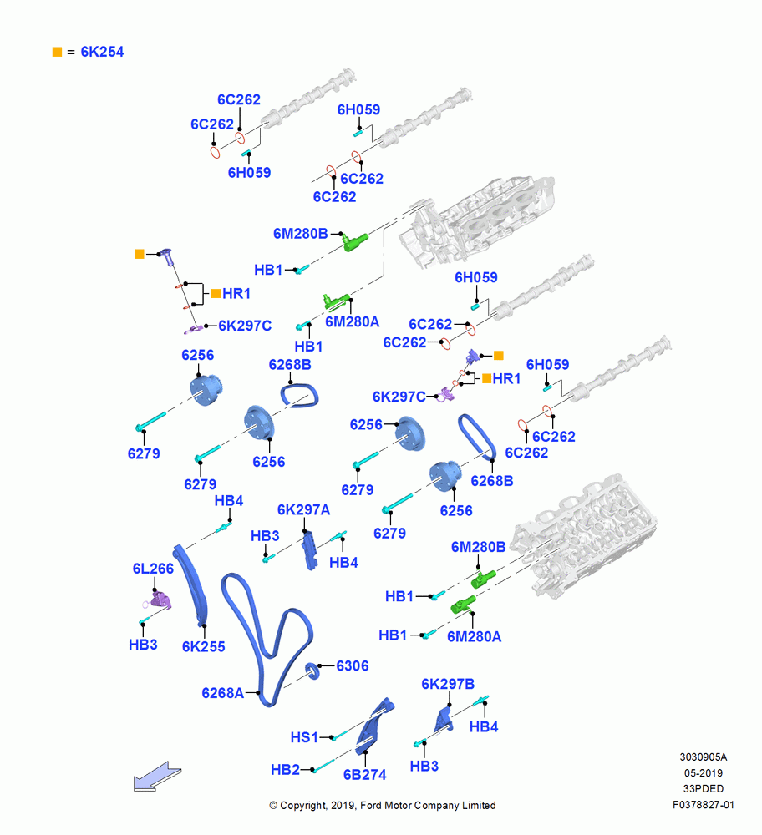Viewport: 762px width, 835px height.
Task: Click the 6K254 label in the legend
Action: [x=102, y=52]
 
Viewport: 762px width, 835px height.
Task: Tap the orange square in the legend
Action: [x=57, y=52]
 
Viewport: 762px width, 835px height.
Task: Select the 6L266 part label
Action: [x=153, y=569]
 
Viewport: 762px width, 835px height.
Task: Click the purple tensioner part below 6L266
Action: [x=160, y=601]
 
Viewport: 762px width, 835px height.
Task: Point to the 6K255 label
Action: [x=204, y=646]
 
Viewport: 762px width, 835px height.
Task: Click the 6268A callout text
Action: [x=222, y=693]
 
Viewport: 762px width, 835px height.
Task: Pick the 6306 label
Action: [x=353, y=665]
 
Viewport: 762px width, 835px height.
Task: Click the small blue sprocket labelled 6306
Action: [x=312, y=671]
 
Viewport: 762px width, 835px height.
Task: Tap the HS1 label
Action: [x=304, y=737]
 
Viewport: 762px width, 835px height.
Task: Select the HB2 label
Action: [x=285, y=770]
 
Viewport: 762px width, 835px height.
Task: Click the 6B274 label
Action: [x=364, y=774]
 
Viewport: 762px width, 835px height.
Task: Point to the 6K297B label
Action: [x=448, y=684]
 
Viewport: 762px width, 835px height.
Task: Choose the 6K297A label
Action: [x=304, y=509]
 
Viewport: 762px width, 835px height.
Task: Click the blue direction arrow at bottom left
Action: [x=157, y=777]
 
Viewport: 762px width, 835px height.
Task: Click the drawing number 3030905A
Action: [x=704, y=757]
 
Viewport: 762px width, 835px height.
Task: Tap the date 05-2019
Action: [x=704, y=772]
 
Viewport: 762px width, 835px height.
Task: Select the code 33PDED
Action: [x=704, y=789]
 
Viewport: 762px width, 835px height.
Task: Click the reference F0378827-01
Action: [x=704, y=805]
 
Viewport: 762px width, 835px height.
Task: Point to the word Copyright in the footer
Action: [x=302, y=806]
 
